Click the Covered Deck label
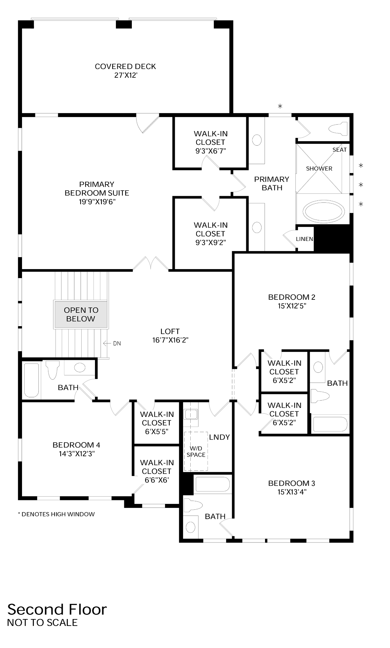point(125,66)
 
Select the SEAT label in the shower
point(339,150)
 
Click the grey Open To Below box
point(81,315)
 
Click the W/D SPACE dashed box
point(196,452)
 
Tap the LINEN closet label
point(304,239)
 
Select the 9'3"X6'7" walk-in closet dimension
point(211,151)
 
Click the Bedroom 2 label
point(291,297)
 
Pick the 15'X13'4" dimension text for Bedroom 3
point(291,492)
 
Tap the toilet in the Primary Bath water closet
point(338,129)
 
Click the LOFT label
point(170,331)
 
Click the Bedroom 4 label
point(76,445)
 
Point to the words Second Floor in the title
point(57,609)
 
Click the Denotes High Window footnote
point(56,514)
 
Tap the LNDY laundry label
point(219,437)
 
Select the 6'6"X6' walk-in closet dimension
point(157,480)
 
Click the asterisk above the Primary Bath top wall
point(280,106)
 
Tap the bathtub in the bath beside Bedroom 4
point(31,380)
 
